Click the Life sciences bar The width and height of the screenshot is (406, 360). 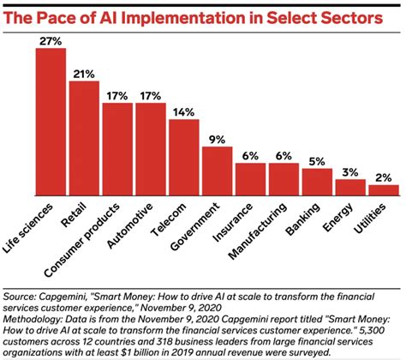tap(51, 121)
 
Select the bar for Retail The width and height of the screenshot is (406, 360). tap(84, 137)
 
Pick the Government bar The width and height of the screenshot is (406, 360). tap(218, 171)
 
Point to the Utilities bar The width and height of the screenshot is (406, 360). tap(385, 189)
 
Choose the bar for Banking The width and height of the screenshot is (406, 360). tap(318, 181)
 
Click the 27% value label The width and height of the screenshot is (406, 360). tap(51, 40)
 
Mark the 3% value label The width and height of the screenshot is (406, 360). tap(351, 171)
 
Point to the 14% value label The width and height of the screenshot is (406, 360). tap(184, 111)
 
